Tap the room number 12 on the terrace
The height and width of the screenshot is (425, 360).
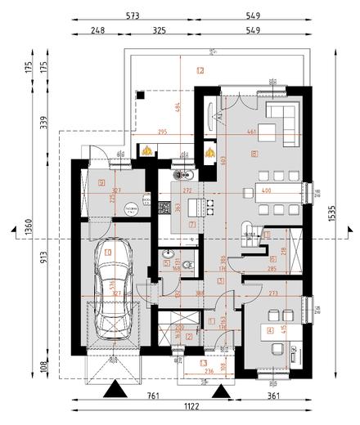click(x=200, y=70)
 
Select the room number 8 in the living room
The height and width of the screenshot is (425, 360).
click(x=255, y=153)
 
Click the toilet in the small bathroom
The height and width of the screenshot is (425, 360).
click(x=187, y=264)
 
